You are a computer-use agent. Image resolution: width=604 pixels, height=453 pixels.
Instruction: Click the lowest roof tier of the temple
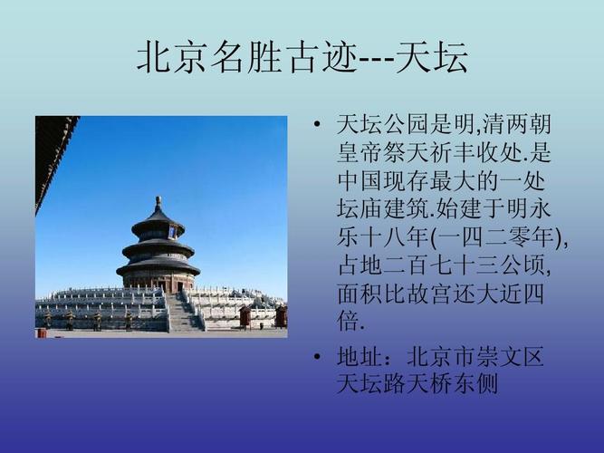tap(158, 267)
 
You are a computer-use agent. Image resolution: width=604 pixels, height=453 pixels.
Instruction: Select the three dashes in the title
tap(377, 60)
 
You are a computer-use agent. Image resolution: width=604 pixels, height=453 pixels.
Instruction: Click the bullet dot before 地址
tap(316, 357)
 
